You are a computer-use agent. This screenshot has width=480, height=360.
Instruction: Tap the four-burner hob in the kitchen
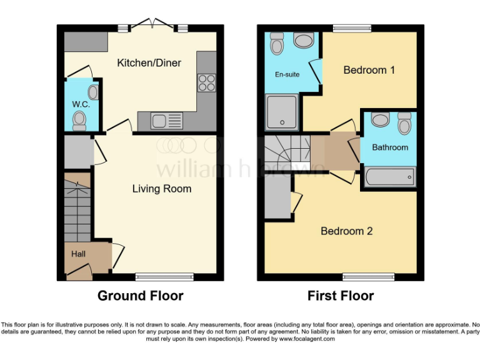207,82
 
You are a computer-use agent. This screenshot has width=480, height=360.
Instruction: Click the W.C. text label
81,104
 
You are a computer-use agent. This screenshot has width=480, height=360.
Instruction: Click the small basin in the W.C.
93,93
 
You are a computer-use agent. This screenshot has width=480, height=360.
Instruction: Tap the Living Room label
161,189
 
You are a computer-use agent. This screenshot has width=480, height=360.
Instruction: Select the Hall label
78,254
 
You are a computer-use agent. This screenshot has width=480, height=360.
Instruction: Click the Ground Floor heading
140,296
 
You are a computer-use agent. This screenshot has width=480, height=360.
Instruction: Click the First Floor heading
341,296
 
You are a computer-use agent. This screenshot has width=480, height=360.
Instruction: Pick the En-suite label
287,74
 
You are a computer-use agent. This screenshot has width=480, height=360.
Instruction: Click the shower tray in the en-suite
282,112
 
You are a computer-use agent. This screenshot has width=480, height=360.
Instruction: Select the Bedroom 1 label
369,70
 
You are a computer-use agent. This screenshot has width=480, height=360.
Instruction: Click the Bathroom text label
390,147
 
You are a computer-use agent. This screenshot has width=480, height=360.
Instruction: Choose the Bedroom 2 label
346,231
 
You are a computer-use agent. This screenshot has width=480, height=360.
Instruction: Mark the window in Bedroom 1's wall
351,27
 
